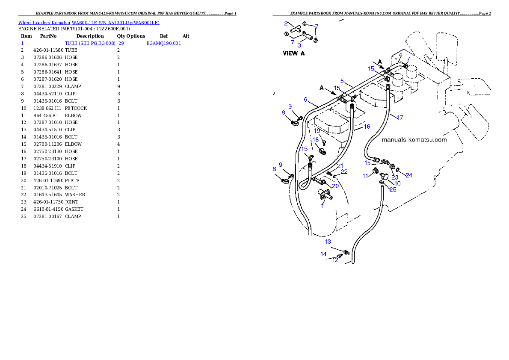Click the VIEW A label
pos(294,53)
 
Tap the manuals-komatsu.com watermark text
pos(414,140)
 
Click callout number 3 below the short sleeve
pos(299,45)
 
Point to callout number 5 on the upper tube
pos(342,80)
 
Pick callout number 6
pos(305,100)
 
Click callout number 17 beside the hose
pos(400,118)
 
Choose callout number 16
pos(367,127)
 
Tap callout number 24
pos(409,175)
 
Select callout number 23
pos(395,177)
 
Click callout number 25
pos(393,189)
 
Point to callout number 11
pos(365,176)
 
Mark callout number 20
pos(335,186)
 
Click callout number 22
pos(344,172)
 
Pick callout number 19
pos(317,130)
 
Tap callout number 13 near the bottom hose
pos(328,242)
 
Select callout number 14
pos(323,254)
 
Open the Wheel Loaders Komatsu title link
pos(89,23)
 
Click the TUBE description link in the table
pos(94,43)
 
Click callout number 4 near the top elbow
pos(400,55)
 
